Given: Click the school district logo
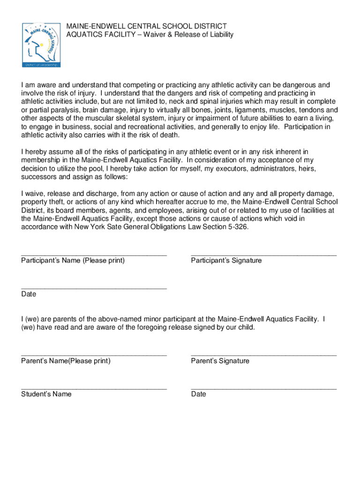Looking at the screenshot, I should click(x=41, y=45).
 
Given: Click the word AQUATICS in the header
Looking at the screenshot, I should click(x=83, y=35).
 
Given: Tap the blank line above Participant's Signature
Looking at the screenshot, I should click(x=264, y=255).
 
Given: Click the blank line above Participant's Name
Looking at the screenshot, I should click(x=94, y=255).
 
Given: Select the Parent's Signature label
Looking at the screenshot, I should click(x=220, y=361).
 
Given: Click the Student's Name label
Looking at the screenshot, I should click(x=46, y=394).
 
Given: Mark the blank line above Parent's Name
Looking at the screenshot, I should click(x=94, y=356).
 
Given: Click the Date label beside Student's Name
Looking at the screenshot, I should click(x=198, y=394).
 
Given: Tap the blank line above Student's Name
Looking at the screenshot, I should click(x=94, y=389).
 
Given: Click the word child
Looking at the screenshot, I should click(x=246, y=328).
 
